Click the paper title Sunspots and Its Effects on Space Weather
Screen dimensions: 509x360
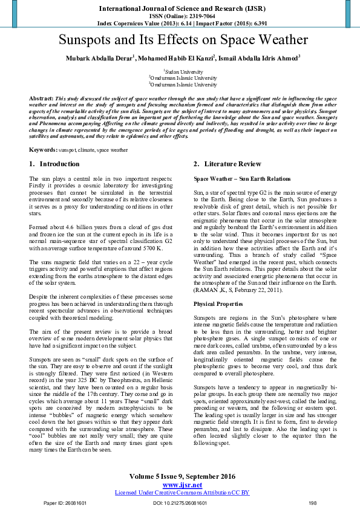(183, 41)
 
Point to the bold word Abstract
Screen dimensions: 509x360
(41, 98)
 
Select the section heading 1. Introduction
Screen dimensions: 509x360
(54, 164)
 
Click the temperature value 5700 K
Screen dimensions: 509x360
(151, 248)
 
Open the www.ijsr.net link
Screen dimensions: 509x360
(182, 485)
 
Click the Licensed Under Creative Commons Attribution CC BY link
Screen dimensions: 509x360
(182, 493)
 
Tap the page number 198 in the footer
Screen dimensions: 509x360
(312, 503)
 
